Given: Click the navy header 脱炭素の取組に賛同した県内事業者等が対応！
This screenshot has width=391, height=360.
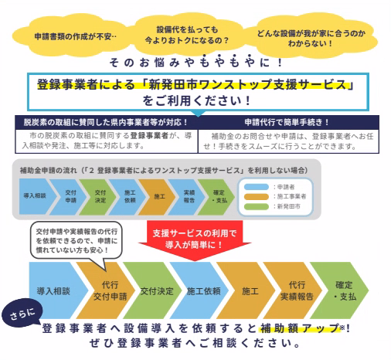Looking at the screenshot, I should click(x=105, y=122).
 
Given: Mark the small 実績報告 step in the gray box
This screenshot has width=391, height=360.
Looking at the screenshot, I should click(x=189, y=196).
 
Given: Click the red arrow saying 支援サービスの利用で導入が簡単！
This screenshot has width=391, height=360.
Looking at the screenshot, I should click(x=195, y=238).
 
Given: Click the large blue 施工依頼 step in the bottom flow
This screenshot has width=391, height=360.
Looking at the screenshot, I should click(x=202, y=291).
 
